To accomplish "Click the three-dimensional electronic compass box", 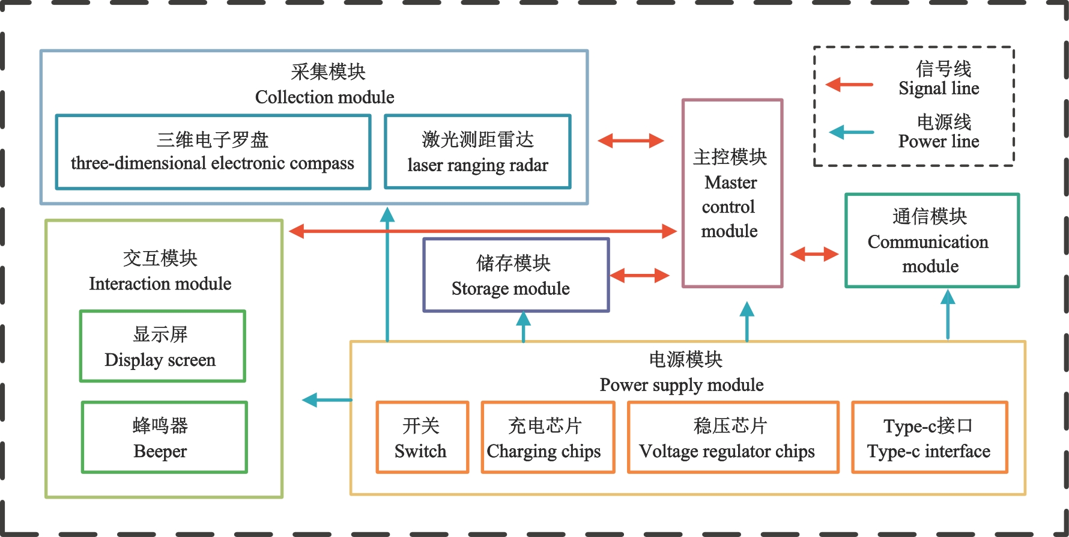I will (213, 152).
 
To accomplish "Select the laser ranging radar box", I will (477, 152).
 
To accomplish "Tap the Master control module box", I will (732, 193).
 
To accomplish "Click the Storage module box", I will (516, 275).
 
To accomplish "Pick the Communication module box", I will (931, 240).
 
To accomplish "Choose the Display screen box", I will (162, 346).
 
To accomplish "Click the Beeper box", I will (164, 437).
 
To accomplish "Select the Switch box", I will (422, 438).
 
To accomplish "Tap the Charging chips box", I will (547, 438).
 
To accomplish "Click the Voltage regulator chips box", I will (732, 438).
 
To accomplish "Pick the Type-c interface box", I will (929, 438).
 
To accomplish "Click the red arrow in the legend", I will (849, 85).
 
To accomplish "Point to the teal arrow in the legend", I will (851, 132).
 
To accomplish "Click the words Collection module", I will (324, 97).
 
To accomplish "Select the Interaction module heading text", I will (160, 284).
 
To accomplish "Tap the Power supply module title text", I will (682, 384).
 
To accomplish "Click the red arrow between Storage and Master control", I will (640, 276).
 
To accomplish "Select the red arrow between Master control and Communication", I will (814, 254).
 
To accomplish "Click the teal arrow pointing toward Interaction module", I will (327, 399).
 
